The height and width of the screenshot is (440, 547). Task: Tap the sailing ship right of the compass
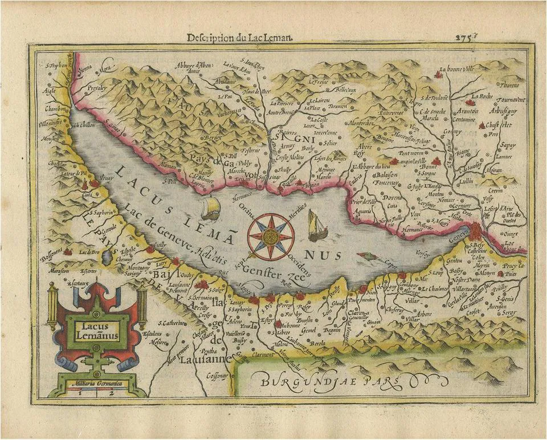(317, 225)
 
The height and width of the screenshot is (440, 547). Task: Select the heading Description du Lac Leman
(240, 38)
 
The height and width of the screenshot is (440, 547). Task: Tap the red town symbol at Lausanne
(201, 285)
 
